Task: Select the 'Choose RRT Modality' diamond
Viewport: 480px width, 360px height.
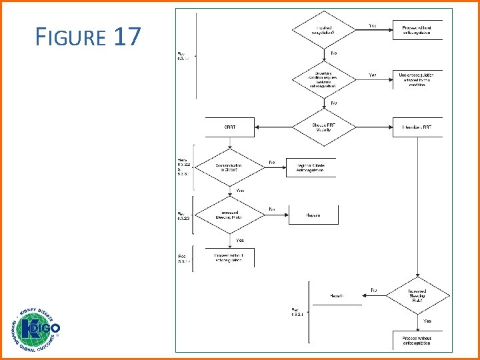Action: point(323,127)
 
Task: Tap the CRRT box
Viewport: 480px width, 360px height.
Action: point(229,127)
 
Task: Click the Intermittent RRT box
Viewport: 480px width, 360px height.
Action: point(417,127)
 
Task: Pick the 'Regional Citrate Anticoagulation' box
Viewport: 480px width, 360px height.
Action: point(311,167)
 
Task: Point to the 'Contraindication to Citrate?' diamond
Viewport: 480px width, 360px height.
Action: point(229,167)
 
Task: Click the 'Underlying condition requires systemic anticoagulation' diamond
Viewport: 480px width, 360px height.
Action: point(323,79)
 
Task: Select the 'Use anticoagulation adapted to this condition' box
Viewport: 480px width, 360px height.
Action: point(417,79)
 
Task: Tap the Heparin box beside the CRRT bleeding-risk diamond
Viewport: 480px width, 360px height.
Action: point(313,215)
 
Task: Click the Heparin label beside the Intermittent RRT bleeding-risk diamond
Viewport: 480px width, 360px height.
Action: point(337,296)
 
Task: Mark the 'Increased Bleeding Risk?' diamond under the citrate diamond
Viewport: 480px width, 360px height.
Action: point(229,215)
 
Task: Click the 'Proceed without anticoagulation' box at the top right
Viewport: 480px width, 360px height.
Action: point(417,30)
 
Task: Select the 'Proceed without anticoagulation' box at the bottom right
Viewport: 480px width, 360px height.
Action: point(417,341)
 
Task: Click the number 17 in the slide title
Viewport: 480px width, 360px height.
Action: point(127,37)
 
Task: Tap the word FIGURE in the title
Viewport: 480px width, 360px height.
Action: point(71,37)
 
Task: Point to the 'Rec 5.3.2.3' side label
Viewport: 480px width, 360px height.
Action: point(183,216)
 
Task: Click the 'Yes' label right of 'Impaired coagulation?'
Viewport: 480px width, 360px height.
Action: point(373,26)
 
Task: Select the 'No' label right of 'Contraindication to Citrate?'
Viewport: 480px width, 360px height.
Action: point(272,162)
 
